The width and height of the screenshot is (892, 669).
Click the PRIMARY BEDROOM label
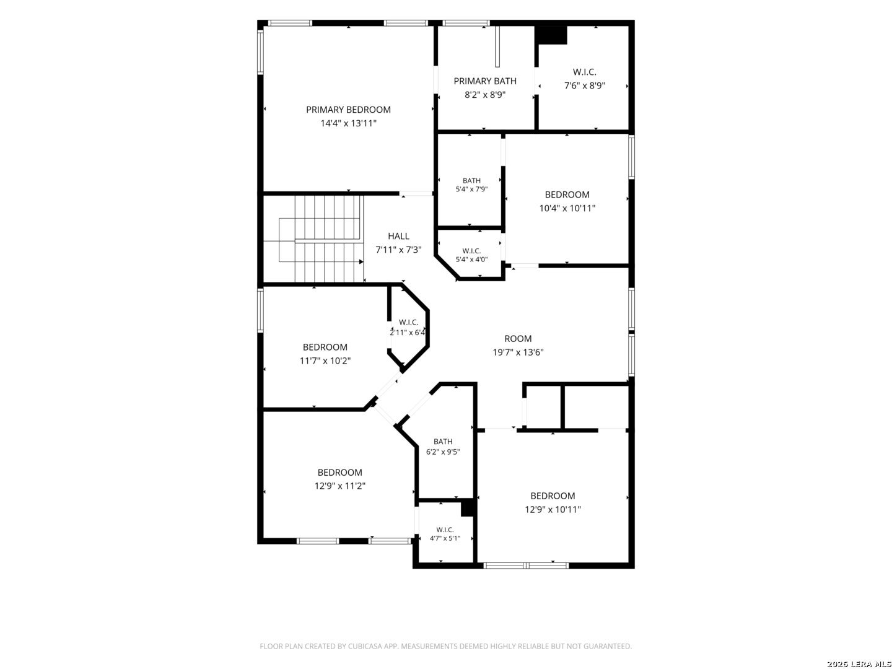click(348, 110)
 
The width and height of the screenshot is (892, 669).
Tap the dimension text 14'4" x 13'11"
click(348, 123)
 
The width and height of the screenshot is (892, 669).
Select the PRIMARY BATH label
click(485, 81)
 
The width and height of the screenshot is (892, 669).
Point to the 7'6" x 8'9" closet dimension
click(584, 85)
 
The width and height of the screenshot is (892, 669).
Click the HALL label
click(398, 236)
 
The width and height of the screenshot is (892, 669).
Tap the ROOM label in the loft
click(518, 338)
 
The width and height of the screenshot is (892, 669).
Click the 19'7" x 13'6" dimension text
click(518, 352)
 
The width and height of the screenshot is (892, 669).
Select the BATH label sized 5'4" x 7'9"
click(471, 180)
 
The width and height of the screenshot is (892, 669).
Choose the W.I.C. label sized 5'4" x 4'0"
click(471, 251)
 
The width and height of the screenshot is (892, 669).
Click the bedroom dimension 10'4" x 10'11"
click(567, 208)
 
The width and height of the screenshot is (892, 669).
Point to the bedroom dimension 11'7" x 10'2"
click(325, 361)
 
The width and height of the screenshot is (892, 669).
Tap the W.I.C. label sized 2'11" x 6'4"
click(408, 322)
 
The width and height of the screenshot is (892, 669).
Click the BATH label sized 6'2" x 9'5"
click(442, 441)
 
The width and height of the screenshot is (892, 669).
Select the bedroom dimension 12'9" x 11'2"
click(339, 486)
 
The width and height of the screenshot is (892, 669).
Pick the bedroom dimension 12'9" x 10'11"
click(553, 509)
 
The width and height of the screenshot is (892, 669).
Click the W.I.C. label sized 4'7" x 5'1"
click(445, 530)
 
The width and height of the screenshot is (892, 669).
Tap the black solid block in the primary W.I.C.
click(551, 36)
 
